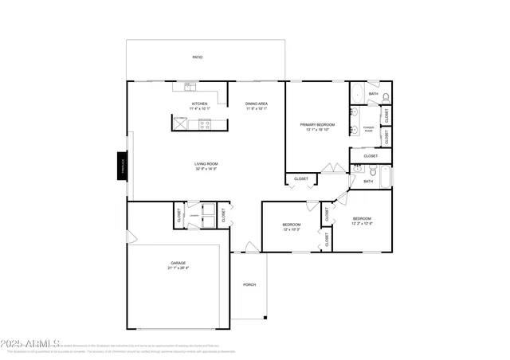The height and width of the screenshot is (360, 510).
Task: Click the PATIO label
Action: coord(197,57)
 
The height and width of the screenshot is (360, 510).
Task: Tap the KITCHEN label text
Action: coord(200,104)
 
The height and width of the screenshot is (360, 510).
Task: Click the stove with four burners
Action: coord(205,123)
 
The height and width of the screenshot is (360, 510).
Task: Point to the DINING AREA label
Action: coord(257,104)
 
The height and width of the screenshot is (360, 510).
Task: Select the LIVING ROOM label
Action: coord(206,164)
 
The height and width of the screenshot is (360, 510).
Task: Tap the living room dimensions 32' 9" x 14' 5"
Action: coord(206,170)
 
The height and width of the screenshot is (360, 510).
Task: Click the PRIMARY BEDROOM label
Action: coord(317,124)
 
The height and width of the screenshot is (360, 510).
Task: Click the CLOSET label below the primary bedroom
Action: coord(301,179)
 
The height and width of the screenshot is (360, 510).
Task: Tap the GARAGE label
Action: coord(178,264)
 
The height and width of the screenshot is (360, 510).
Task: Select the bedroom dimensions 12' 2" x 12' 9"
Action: coord(363,223)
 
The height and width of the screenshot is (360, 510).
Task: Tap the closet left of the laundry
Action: coord(178,214)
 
